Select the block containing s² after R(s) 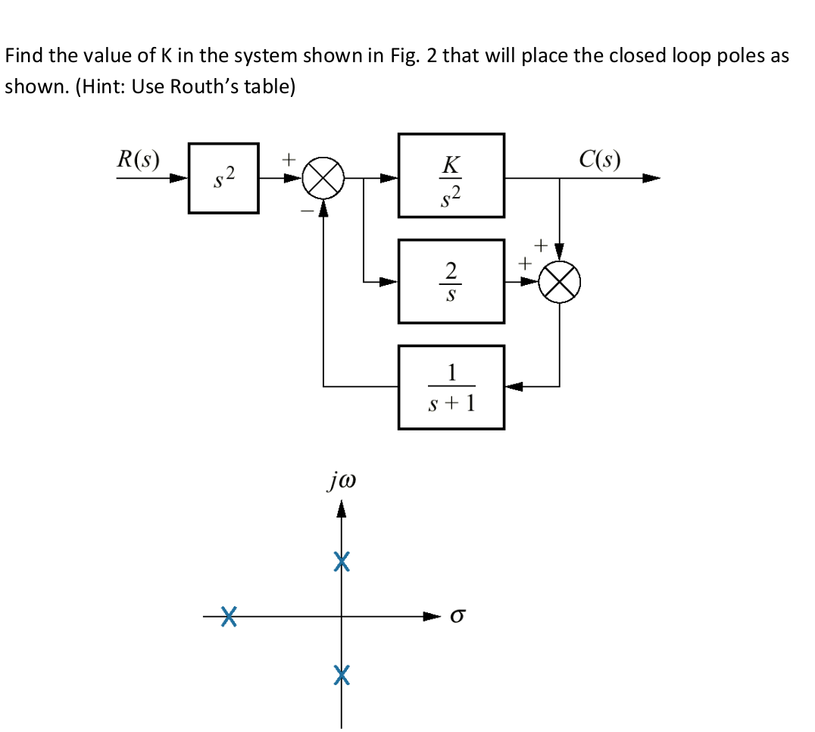(x=223, y=178)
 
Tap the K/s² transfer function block (x=451, y=176)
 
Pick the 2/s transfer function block (x=451, y=281)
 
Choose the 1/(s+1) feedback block (x=451, y=386)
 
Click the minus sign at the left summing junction (x=307, y=211)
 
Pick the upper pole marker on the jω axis (x=342, y=562)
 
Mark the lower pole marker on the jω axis (x=342, y=673)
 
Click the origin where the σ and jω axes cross (x=342, y=616)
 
